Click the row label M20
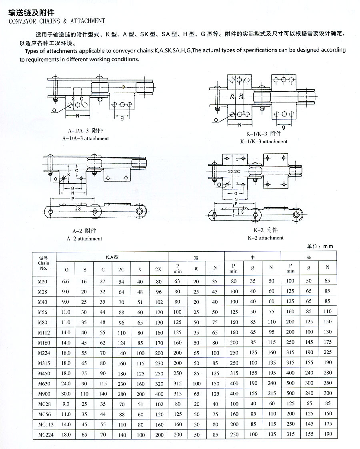coord(43,281)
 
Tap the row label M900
coord(43,393)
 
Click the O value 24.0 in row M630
coord(66,383)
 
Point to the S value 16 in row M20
coord(85,281)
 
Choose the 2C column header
coord(122,269)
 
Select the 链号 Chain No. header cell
coord(44,263)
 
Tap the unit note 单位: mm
coord(320,246)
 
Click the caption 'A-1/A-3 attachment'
coord(86,138)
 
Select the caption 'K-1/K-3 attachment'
coord(264,142)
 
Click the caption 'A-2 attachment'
coord(87,239)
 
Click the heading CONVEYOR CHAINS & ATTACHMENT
coord(56,21)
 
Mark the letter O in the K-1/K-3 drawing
coord(216,119)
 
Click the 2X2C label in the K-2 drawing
coord(236,171)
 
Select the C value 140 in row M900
coord(103,393)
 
